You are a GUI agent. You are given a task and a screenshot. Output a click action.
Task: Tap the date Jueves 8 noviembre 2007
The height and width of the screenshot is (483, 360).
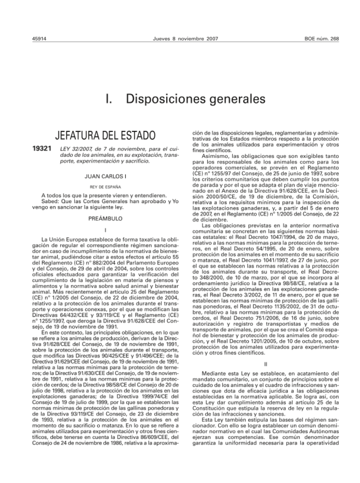(x=185, y=39)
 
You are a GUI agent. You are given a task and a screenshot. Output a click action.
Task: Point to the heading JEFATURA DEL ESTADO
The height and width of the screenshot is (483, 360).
(x=105, y=136)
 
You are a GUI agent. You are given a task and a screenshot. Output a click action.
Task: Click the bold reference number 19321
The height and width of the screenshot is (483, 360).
(x=42, y=148)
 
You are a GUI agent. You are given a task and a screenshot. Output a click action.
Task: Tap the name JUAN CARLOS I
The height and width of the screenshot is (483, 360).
(x=105, y=176)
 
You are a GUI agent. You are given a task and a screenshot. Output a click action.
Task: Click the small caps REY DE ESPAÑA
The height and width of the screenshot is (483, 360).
(x=105, y=187)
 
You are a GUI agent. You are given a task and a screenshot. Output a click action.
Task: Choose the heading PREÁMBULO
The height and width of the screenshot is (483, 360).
(x=105, y=218)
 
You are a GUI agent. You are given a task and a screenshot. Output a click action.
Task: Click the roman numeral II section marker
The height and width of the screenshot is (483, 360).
(x=266, y=364)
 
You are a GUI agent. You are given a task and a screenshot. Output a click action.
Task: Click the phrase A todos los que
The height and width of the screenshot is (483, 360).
(x=59, y=195)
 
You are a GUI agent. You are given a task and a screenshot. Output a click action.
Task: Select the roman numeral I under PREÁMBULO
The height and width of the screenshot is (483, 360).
(x=105, y=229)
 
